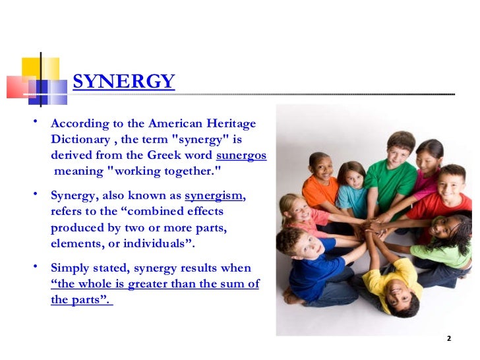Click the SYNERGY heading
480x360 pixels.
tap(123, 82)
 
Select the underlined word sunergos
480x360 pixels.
tap(241, 156)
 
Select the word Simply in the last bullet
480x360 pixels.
tap(71, 268)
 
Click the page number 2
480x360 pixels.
tap(449, 339)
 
